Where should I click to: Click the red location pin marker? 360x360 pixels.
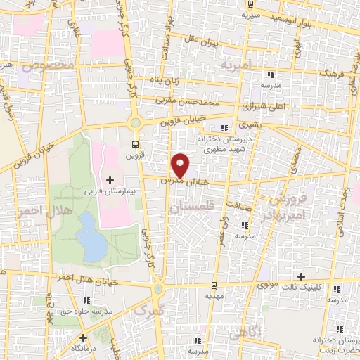pyautogui.click(x=181, y=166)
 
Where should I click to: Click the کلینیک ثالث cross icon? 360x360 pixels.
pyautogui.click(x=302, y=276)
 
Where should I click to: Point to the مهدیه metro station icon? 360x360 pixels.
pyautogui.click(x=214, y=285)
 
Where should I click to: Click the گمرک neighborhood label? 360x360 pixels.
pyautogui.click(x=147, y=310)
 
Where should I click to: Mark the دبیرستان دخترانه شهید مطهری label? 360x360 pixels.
pyautogui.click(x=224, y=145)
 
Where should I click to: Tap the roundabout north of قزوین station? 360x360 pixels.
pyautogui.click(x=135, y=122)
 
